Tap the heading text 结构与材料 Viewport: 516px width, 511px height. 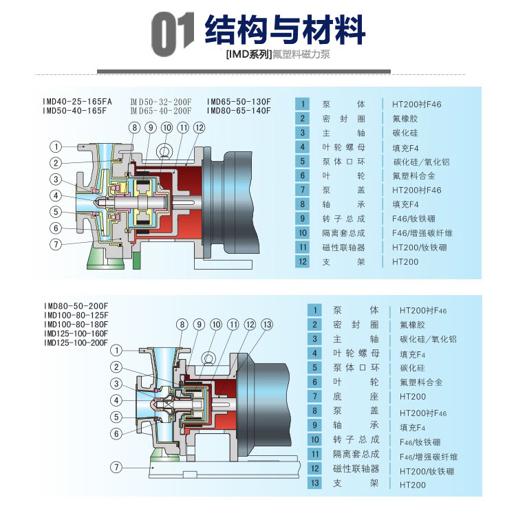pos(285,30)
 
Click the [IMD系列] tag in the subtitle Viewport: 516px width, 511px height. pos(248,54)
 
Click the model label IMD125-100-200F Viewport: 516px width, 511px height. pos(76,343)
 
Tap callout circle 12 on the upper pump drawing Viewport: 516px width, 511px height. pos(200,128)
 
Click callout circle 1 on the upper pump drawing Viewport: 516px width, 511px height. pos(56,146)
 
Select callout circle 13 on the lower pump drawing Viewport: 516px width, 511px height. pos(268,324)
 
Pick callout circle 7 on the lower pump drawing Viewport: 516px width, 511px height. pos(117,467)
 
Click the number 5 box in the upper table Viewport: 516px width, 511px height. pos(302,162)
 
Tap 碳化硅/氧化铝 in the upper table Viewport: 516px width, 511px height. pos(421,162)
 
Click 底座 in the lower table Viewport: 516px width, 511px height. pos(356,397)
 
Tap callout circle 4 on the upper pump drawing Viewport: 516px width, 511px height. pos(56,195)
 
